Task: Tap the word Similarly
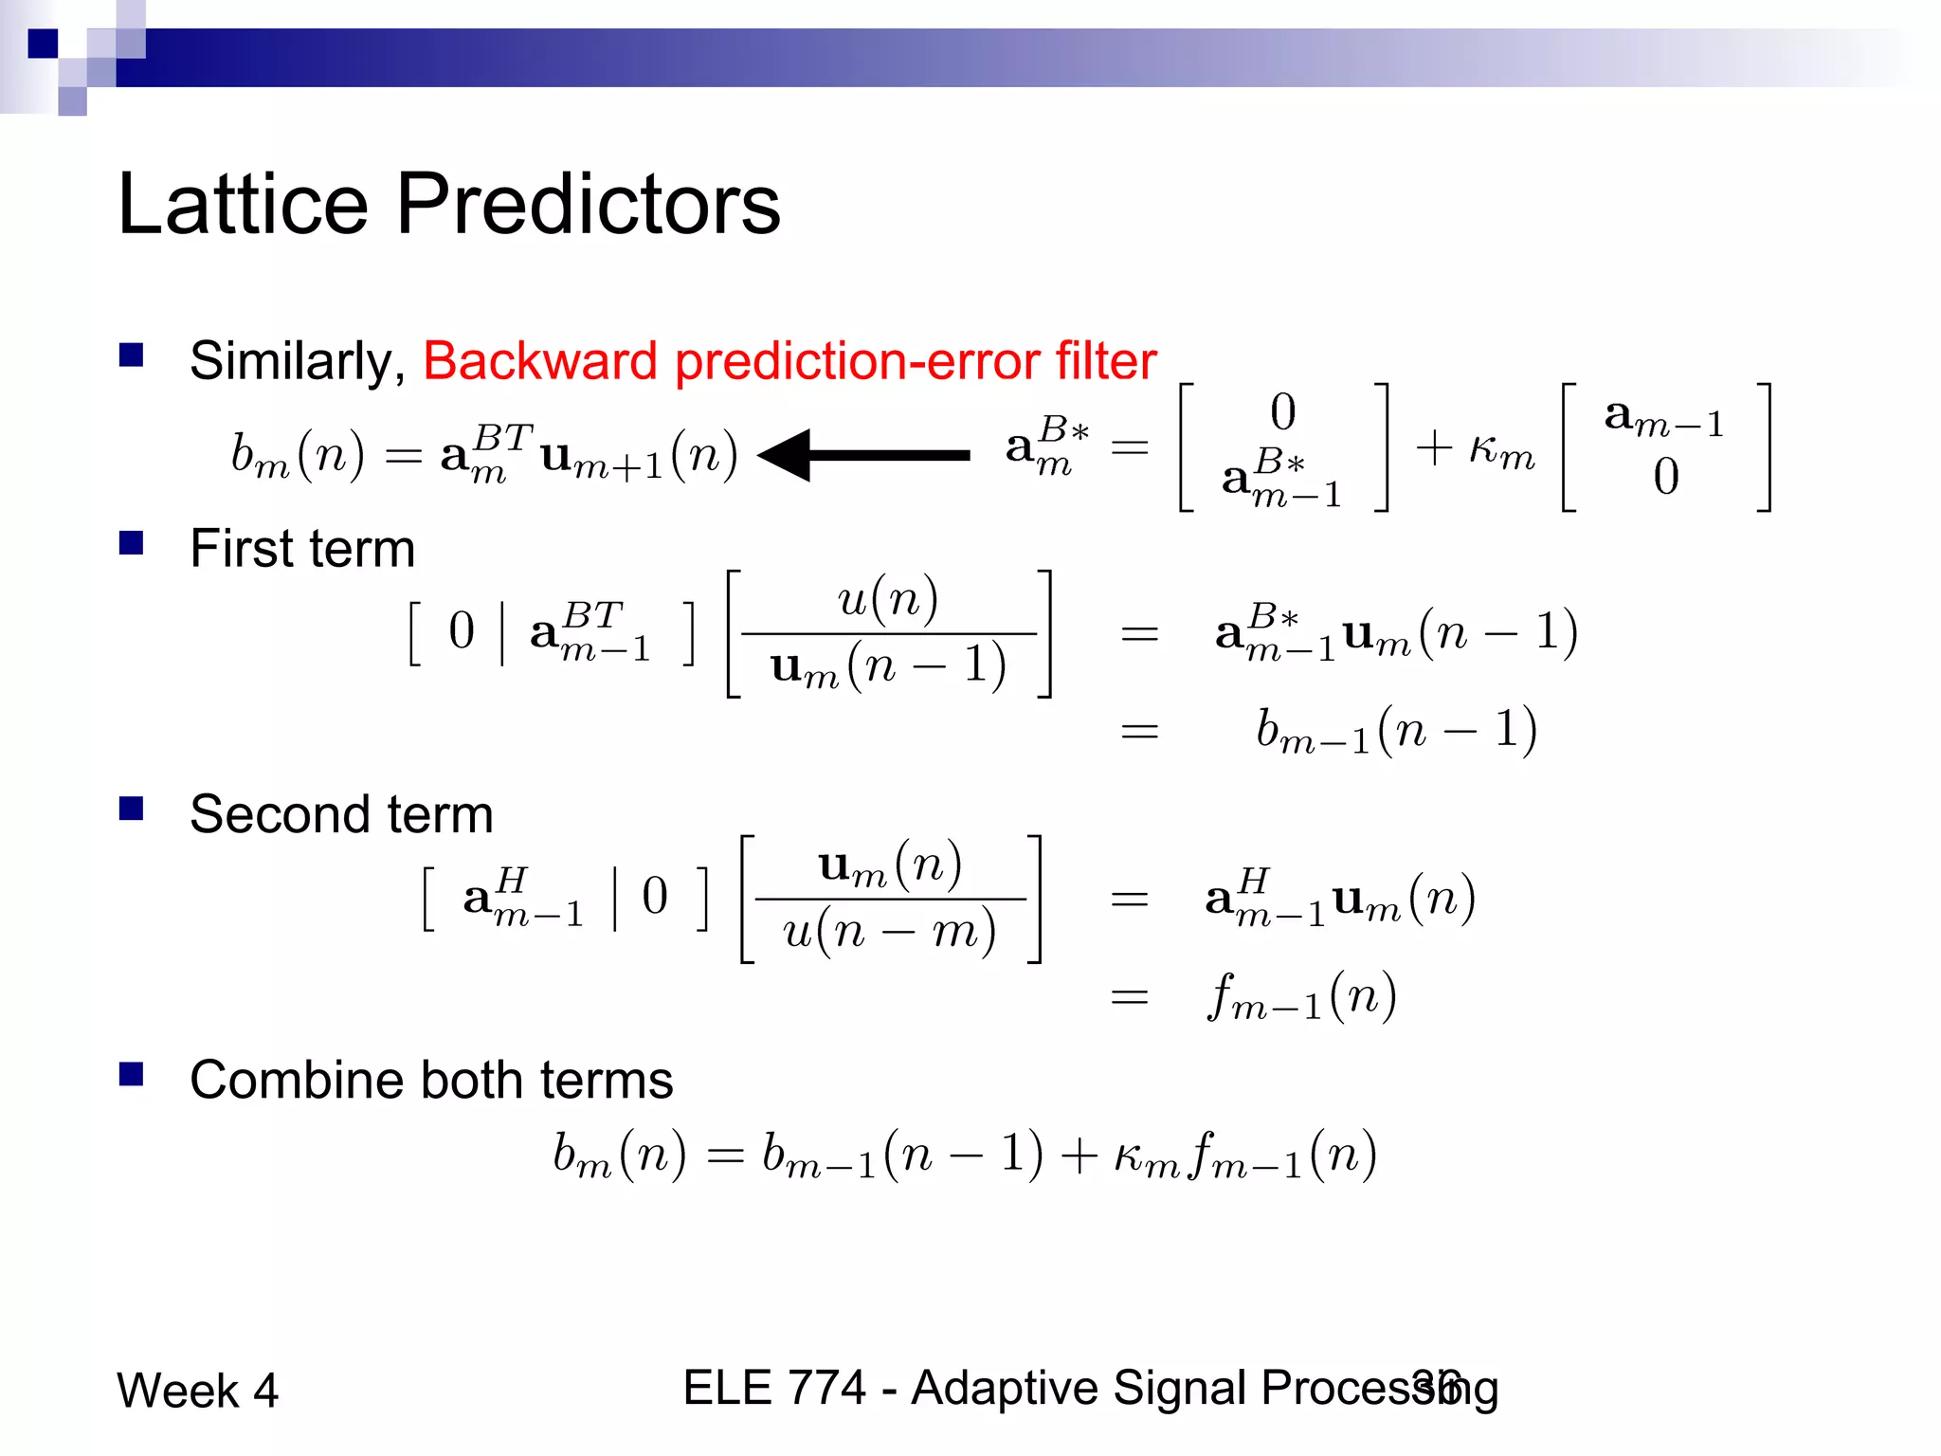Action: point(297,361)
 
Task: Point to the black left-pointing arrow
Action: point(862,456)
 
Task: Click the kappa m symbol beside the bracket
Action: point(1501,448)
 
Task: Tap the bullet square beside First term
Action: point(131,543)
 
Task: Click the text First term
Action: point(302,549)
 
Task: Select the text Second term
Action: point(341,814)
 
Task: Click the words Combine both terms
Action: point(431,1080)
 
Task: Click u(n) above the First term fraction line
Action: point(888,600)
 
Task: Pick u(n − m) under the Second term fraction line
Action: point(889,931)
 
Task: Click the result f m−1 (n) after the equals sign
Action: point(1301,997)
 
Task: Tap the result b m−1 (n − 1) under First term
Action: point(1396,731)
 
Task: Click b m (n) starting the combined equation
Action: point(619,1156)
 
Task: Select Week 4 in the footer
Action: point(197,1391)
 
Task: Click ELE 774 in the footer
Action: point(774,1388)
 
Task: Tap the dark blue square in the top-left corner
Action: point(43,44)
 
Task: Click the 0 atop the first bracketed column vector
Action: point(1282,412)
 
